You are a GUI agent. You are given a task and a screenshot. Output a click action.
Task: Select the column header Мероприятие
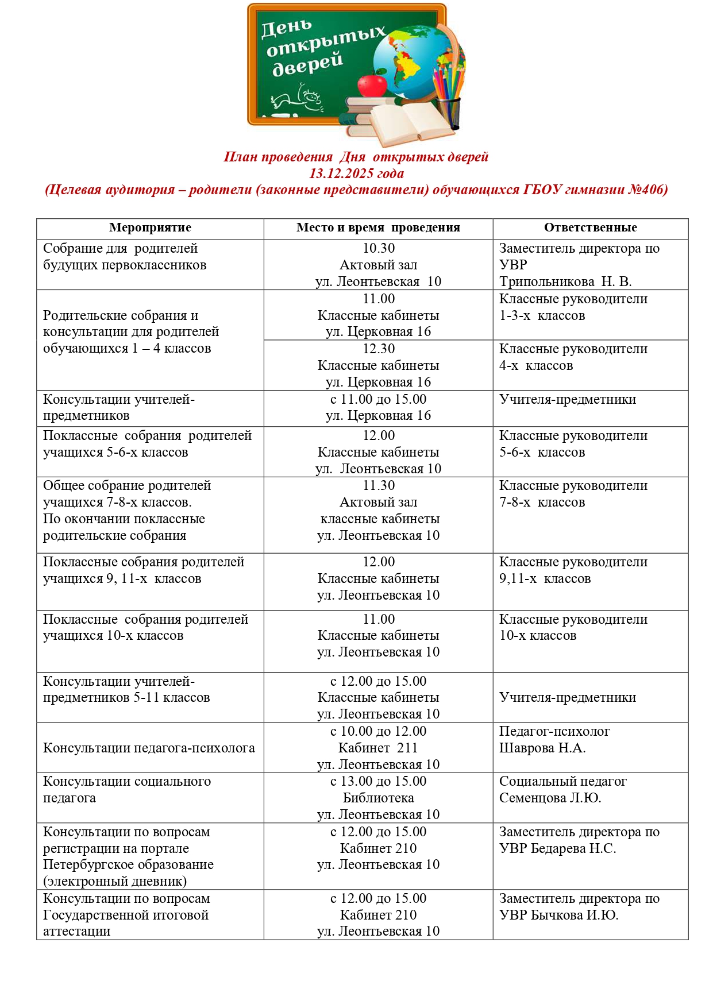click(x=150, y=227)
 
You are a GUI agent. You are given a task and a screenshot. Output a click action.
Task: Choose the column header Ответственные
click(x=590, y=227)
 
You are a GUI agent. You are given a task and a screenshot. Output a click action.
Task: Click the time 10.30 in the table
click(x=379, y=248)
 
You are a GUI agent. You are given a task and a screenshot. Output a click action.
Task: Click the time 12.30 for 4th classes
click(x=379, y=349)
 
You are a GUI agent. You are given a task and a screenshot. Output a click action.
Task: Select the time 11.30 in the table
click(x=379, y=485)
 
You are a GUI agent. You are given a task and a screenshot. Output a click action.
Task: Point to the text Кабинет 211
click(x=378, y=748)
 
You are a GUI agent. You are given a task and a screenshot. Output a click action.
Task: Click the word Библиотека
click(x=378, y=798)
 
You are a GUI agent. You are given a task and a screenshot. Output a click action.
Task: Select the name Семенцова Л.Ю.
click(x=550, y=798)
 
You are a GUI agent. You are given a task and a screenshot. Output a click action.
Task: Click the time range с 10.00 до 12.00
click(x=378, y=731)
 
